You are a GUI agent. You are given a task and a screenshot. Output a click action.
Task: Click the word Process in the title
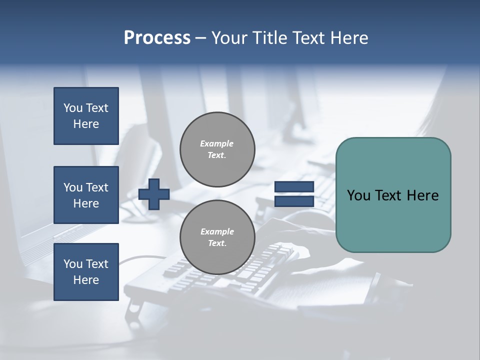pos(157,38)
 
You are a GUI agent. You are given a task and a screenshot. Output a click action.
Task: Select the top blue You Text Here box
pos(86,116)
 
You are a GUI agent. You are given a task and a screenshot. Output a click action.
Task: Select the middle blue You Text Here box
pos(86,195)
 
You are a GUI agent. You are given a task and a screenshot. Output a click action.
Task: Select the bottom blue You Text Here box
pos(86,272)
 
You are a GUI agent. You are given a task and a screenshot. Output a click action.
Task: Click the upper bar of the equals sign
pos(294,187)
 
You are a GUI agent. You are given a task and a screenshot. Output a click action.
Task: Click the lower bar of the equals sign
pos(294,201)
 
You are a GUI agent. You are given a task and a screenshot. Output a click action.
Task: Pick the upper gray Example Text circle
pos(217,149)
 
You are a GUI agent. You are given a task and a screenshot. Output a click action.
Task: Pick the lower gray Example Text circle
pos(217,237)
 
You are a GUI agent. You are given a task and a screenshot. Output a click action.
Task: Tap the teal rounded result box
pos(393,220)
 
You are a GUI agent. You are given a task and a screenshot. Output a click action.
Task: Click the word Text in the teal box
pos(390,195)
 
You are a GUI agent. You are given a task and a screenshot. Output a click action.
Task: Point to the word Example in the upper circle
pos(217,143)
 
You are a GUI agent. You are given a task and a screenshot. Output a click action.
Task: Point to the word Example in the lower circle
pos(217,231)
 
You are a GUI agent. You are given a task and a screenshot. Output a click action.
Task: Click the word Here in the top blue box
pos(86,124)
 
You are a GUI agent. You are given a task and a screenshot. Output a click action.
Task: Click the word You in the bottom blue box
pos(72,264)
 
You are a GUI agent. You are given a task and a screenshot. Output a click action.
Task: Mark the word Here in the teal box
pos(423,195)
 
